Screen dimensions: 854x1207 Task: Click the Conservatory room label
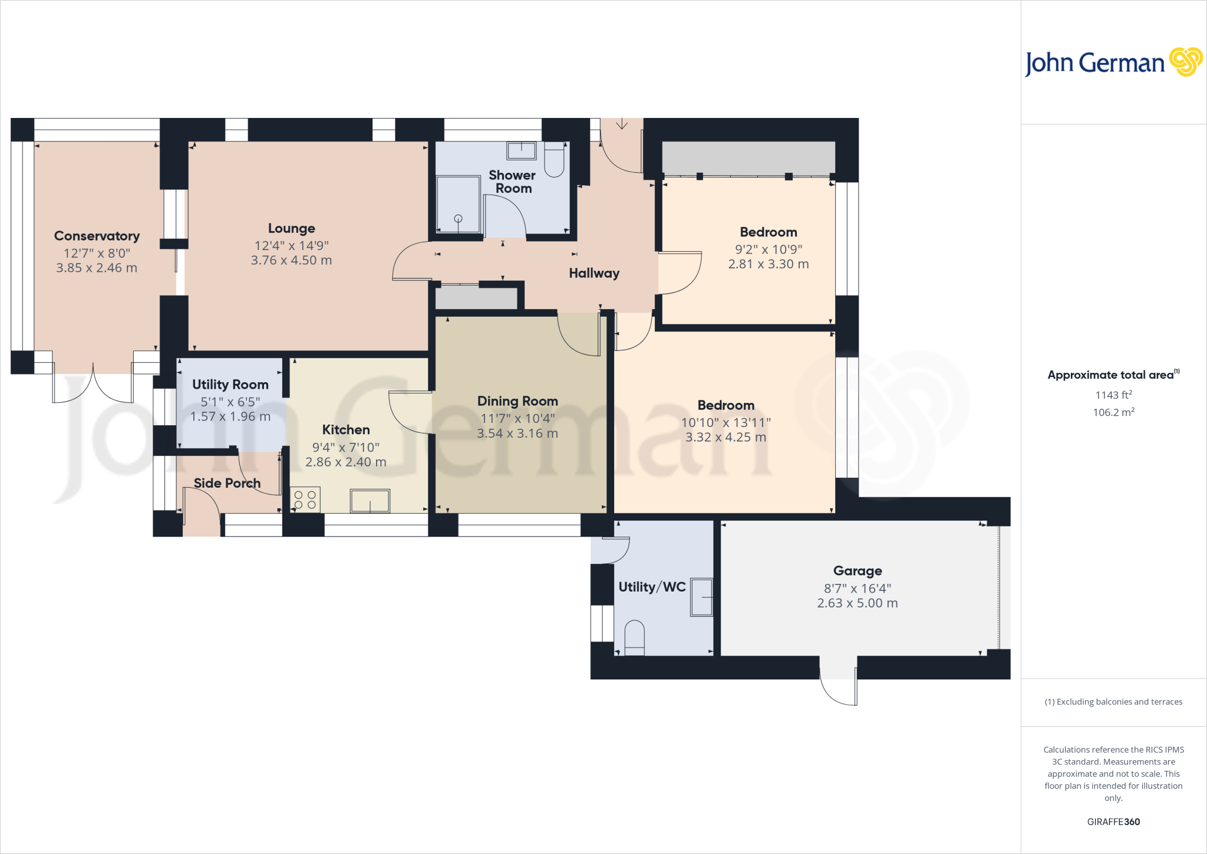coord(97,236)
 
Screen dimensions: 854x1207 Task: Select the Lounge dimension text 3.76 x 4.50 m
coord(291,260)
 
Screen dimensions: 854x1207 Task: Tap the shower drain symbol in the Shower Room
coord(458,219)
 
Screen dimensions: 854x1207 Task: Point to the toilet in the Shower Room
coord(554,160)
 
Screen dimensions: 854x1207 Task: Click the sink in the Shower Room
coord(521,150)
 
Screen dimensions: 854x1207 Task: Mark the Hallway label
coord(594,273)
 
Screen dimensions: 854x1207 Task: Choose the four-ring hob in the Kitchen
coord(305,500)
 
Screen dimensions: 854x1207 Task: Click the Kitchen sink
coord(370,501)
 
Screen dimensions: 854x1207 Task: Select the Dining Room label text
coord(517,401)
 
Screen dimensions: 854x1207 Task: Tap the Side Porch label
coord(227,483)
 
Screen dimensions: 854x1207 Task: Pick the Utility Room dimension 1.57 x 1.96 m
coord(230,416)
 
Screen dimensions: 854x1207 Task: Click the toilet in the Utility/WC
coord(634,638)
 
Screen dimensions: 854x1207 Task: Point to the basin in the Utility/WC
coord(701,597)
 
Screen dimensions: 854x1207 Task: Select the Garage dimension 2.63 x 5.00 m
coord(857,603)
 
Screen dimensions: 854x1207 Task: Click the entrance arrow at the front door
coord(622,124)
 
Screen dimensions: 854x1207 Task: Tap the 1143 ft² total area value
coord(1113,395)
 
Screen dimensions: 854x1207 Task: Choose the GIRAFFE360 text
coord(1113,822)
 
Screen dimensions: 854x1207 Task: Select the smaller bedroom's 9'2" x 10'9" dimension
coord(768,249)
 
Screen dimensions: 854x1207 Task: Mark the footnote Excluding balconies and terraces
coord(1113,702)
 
